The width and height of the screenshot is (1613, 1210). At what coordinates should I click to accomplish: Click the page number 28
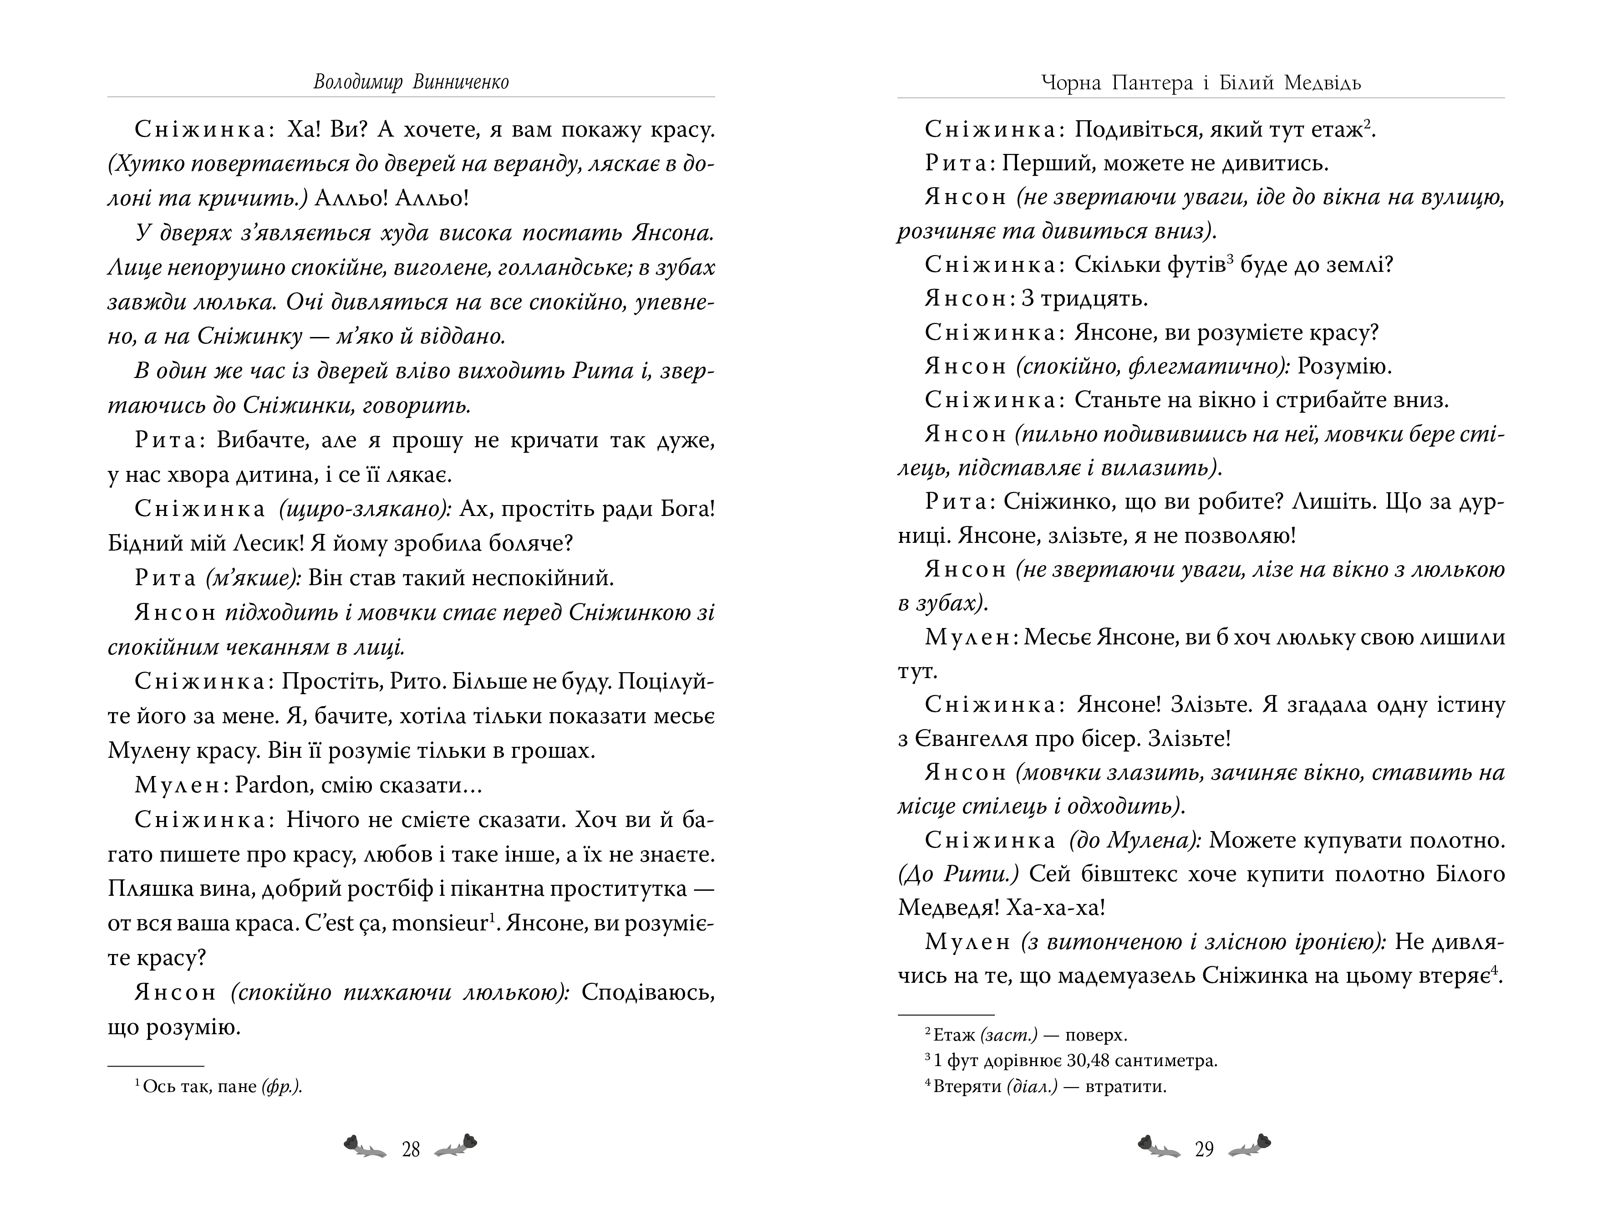tap(411, 1150)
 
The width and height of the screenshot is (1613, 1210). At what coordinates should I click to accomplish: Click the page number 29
tap(1204, 1150)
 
